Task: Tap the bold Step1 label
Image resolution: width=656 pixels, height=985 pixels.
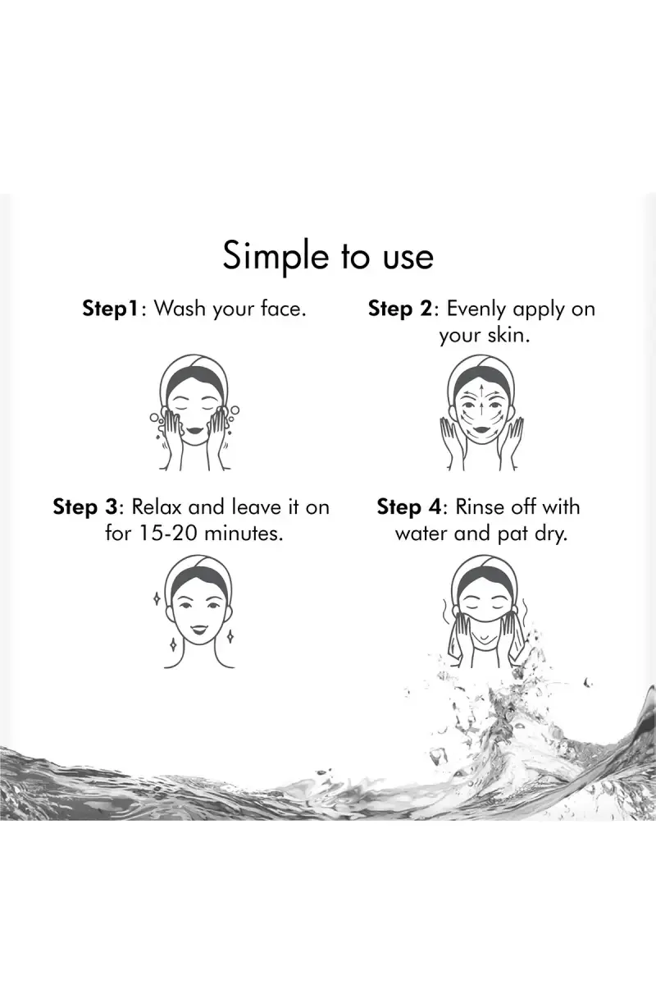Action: point(112,309)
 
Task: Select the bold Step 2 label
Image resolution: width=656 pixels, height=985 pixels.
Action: point(401,309)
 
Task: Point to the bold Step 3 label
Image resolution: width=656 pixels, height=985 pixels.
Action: point(85,507)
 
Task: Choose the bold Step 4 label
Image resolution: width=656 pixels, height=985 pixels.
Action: point(409,507)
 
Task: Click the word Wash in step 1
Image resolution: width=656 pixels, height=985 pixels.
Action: point(180,309)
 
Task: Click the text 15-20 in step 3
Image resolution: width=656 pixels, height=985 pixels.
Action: point(169,534)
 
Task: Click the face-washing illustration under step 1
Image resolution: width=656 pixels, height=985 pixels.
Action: point(194,412)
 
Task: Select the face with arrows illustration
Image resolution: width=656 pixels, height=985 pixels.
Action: point(481,412)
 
